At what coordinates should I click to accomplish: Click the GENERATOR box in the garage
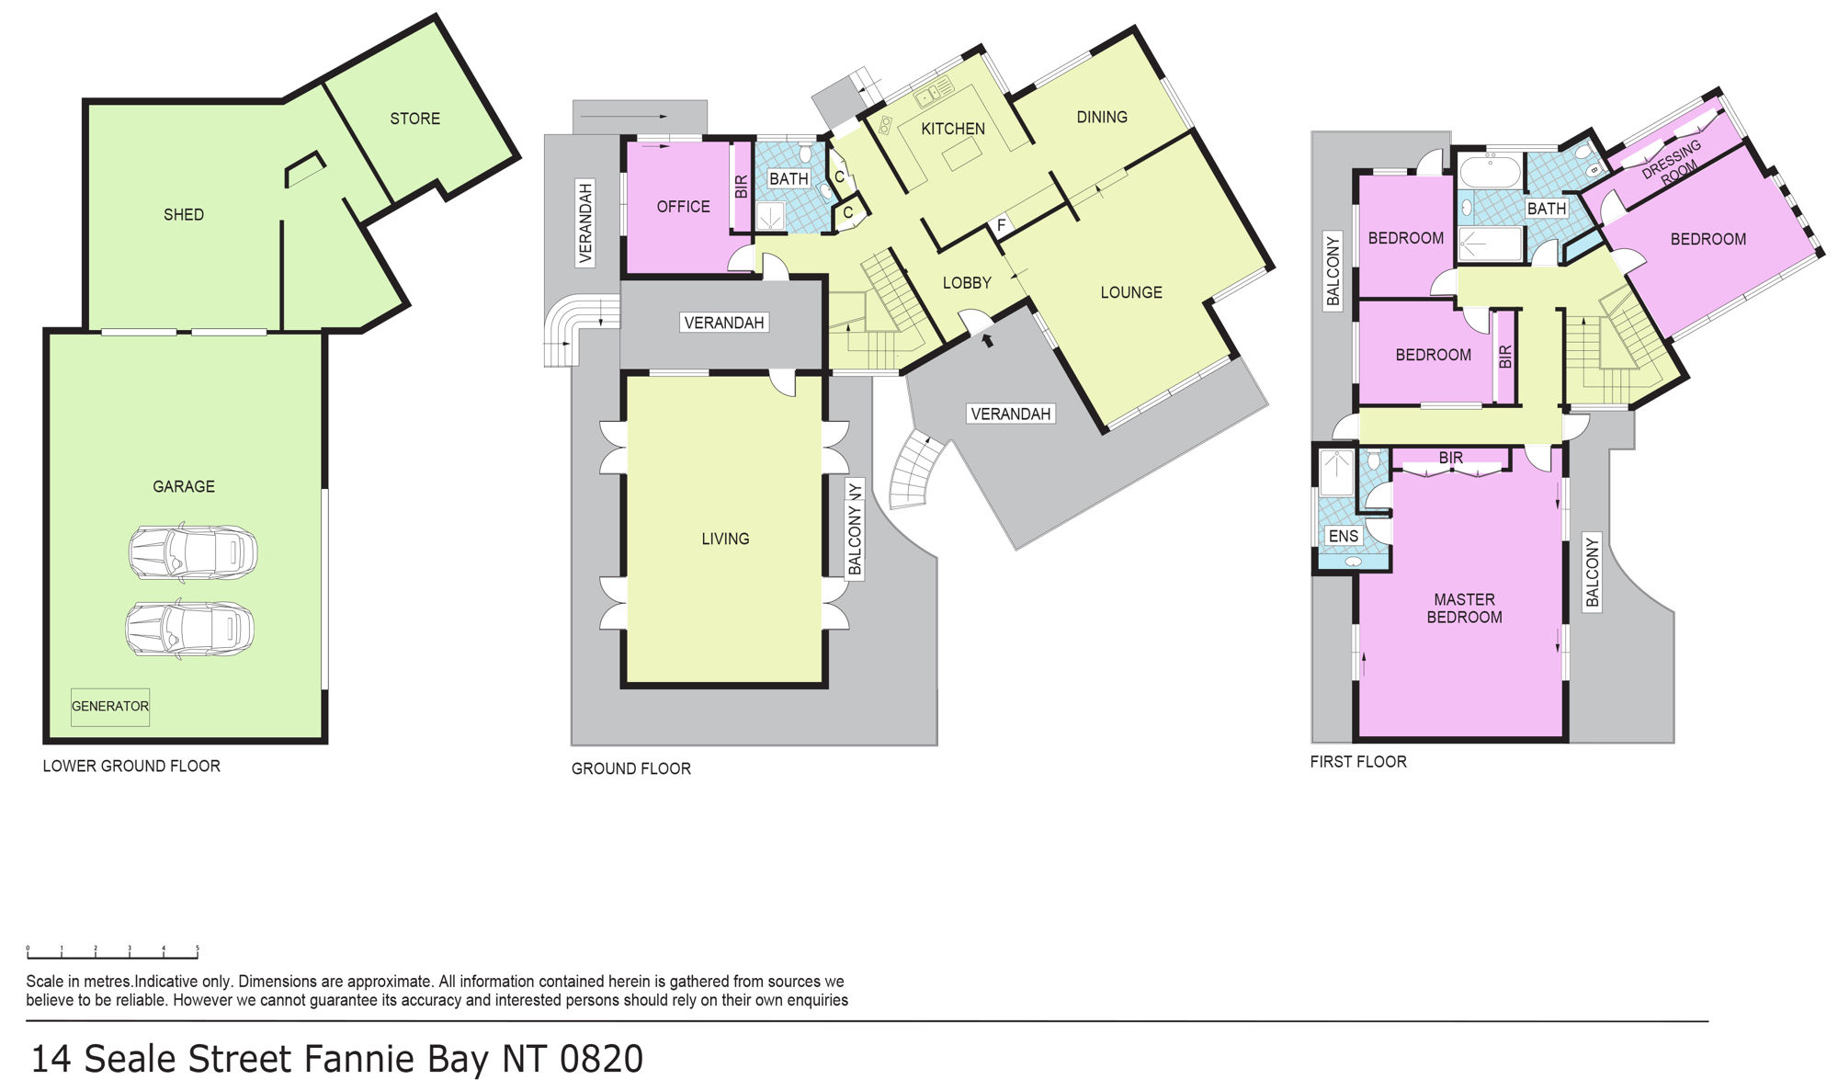click(110, 707)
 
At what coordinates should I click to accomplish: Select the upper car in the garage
click(193, 552)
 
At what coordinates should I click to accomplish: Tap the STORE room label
click(414, 119)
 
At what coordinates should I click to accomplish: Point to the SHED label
click(184, 215)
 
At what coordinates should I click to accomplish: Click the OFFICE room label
click(683, 207)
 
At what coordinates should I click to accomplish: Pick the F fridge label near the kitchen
click(1001, 225)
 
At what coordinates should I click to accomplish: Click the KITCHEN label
click(953, 129)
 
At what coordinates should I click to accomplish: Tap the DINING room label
click(1102, 117)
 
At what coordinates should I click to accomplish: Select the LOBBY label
click(967, 283)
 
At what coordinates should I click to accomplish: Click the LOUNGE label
click(1131, 292)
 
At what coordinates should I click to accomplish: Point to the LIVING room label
click(725, 539)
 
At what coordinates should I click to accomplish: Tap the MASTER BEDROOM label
click(1464, 608)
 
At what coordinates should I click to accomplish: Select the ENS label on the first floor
click(1343, 536)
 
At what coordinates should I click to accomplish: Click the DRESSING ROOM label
click(1674, 162)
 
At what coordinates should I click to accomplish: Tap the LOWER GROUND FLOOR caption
click(131, 766)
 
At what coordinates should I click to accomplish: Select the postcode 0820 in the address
click(601, 1059)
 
